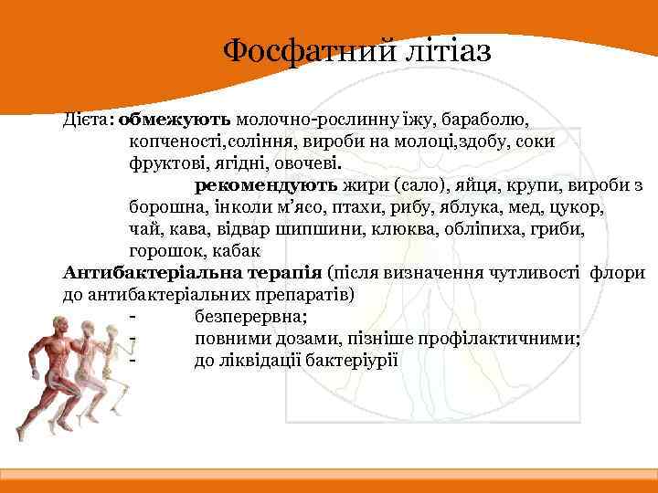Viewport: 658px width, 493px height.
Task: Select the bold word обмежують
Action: coord(175,119)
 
